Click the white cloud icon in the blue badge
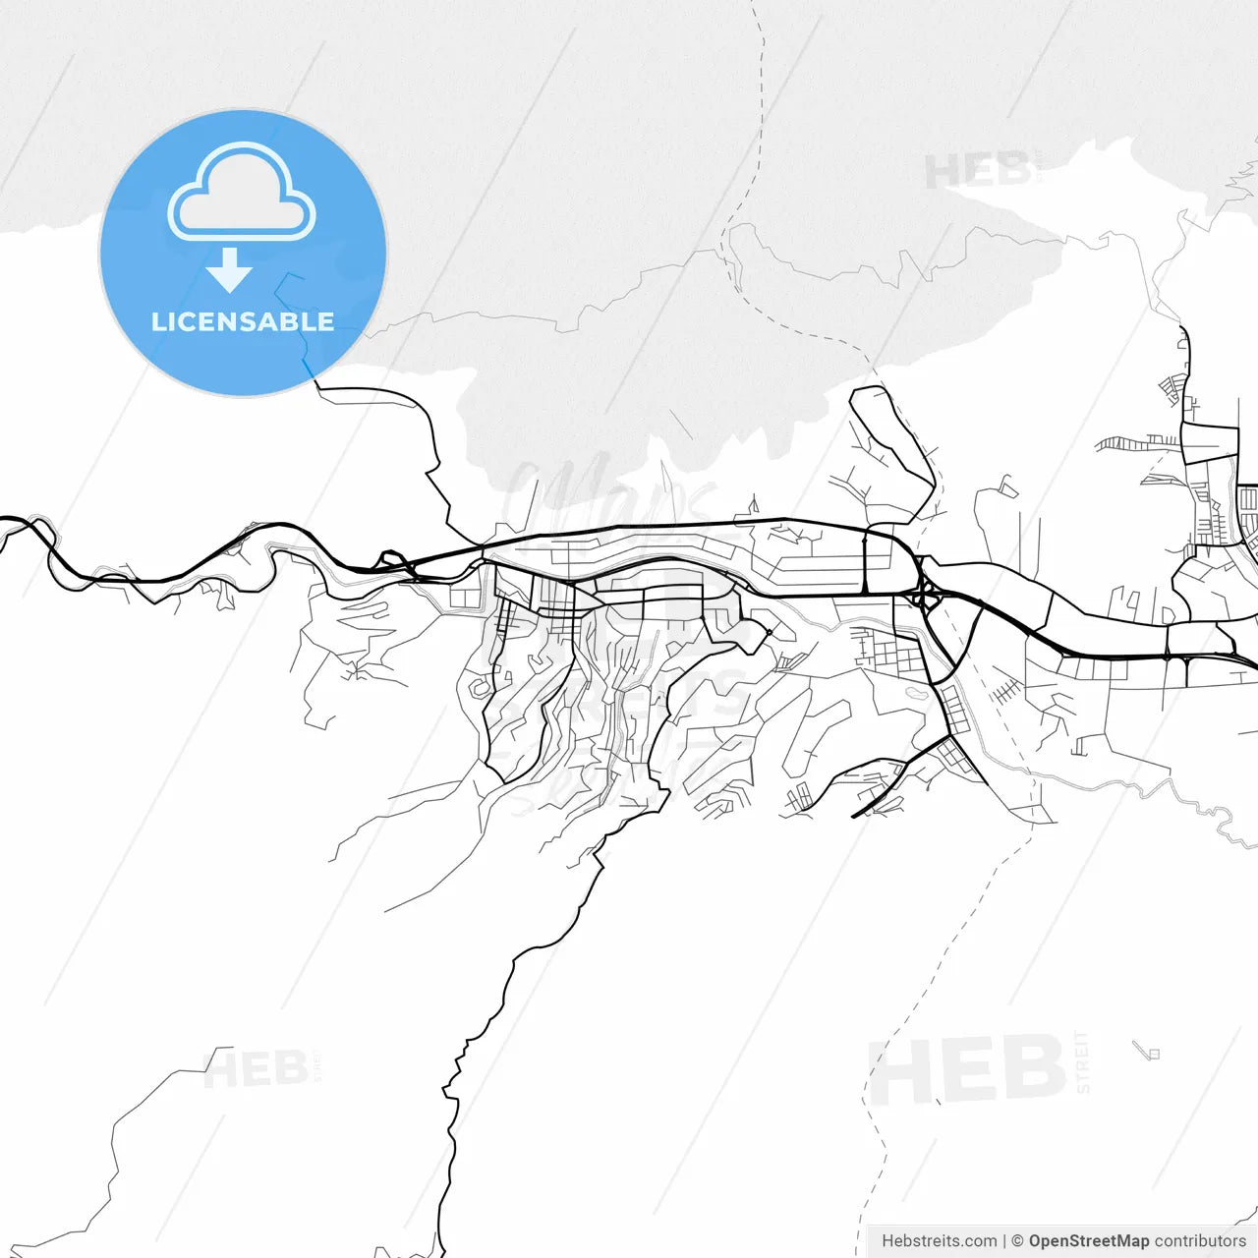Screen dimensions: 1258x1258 pos(242,193)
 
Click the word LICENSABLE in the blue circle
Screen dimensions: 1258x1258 pos(243,321)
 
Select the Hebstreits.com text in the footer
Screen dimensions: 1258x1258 pos(939,1241)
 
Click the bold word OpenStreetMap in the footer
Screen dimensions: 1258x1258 pos(1088,1241)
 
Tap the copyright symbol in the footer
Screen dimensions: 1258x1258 pos(1017,1241)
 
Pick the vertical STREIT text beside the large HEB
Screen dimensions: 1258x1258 pos(1082,1061)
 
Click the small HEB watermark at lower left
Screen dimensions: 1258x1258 pos(255,1068)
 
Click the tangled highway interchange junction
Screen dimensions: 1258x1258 pos(924,595)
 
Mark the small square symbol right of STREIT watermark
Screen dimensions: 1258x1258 pos(1153,1054)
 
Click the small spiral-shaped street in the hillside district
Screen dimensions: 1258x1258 pos(480,687)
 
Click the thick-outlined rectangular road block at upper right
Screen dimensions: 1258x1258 pos(1209,443)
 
